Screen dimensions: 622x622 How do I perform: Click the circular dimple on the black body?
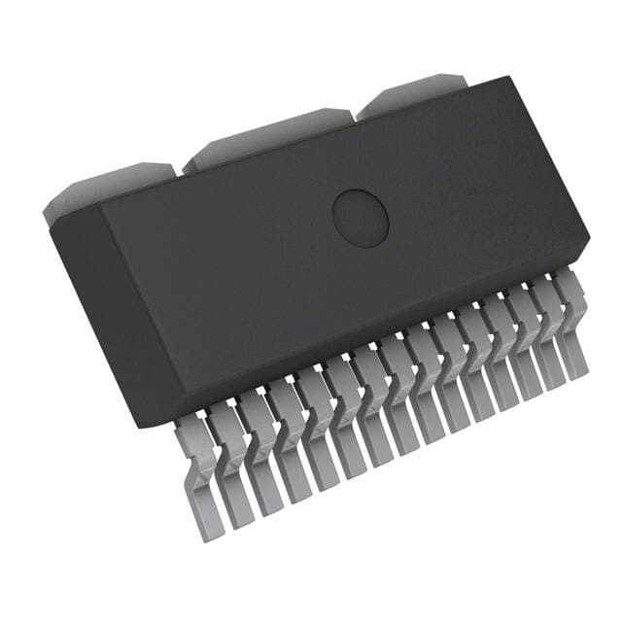click(x=361, y=217)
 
